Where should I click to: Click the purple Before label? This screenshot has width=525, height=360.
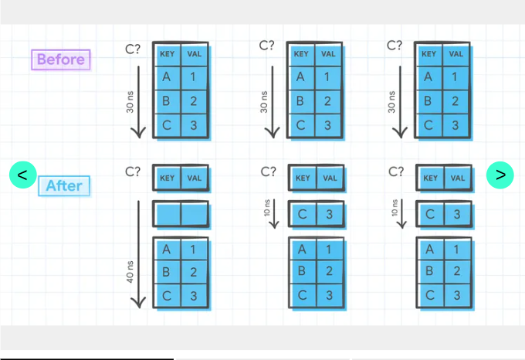pos(61,60)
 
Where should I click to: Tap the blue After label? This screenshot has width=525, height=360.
pos(65,185)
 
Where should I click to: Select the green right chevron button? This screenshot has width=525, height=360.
pos(500,175)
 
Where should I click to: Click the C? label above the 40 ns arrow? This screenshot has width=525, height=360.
pos(133,172)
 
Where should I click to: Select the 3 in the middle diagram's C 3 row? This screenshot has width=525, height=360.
pos(330,214)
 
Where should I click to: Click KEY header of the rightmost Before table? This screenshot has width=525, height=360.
pos(428,54)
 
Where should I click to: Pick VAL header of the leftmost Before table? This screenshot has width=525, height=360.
pos(194,54)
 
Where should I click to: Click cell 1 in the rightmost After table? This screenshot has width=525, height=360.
pos(457,250)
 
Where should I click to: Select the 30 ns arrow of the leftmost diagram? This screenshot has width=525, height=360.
pos(138,101)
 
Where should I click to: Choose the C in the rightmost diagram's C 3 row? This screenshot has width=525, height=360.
pos(430,214)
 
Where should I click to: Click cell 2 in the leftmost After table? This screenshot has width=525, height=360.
pos(195,272)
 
